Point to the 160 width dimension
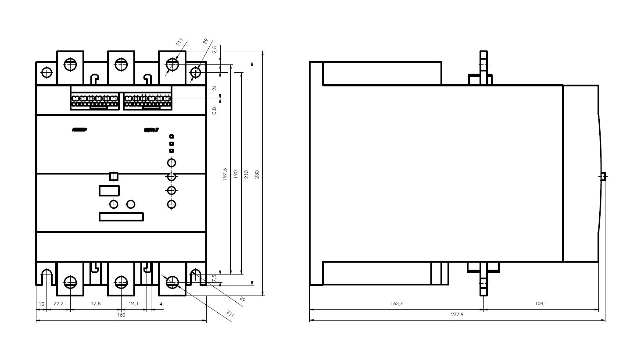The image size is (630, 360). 121,315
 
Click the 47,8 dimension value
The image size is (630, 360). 95,303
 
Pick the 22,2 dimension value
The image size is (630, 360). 58,303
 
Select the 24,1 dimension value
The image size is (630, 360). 134,303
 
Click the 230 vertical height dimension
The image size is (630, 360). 258,174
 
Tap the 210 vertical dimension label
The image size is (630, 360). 247,174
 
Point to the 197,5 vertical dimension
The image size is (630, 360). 225,174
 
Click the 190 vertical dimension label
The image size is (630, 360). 236,174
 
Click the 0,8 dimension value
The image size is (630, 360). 215,110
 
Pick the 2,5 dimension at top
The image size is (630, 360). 215,50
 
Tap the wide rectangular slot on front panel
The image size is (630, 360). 121,217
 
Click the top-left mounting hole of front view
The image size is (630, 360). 46,72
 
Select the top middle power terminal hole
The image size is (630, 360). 121,65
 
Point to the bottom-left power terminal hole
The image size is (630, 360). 70,282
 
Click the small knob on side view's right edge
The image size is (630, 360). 603,176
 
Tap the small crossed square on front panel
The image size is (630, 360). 114,177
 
